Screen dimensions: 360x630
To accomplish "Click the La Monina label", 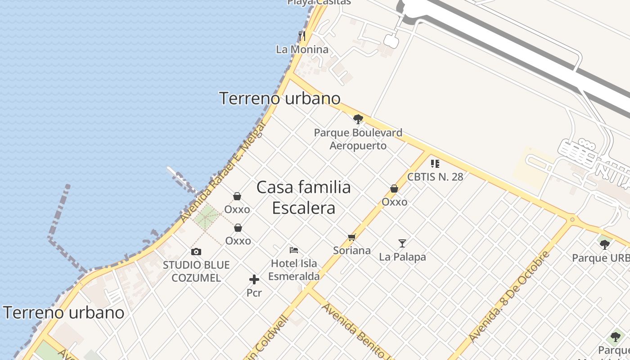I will (302, 49).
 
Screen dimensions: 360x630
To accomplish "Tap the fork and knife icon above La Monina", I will (302, 36).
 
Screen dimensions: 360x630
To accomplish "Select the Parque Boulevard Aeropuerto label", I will (358, 139).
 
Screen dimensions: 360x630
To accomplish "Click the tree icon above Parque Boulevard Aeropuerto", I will (358, 119).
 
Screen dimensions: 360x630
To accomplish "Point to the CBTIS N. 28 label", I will (435, 177).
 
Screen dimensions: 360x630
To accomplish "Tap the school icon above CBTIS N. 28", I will (435, 163).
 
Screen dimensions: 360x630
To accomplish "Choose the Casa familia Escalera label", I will (304, 198).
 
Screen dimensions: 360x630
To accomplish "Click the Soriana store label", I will (352, 251).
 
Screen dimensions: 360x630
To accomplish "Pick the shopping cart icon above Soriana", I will (352, 237).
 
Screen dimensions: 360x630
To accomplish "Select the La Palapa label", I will (402, 257).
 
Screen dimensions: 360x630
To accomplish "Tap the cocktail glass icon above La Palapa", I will (402, 243).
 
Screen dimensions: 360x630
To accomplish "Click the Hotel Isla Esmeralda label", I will (294, 270).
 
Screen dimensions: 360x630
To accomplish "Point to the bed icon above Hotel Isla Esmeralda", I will (294, 250).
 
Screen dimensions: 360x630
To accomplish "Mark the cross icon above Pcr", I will (254, 279).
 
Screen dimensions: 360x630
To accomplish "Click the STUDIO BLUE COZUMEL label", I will (196, 271).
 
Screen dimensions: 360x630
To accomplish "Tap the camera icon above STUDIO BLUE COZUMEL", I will (196, 252).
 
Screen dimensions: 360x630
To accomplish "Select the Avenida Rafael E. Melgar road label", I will (217, 180).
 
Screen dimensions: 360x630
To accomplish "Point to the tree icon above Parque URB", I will (605, 244).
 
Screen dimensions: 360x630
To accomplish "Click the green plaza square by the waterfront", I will (207, 217).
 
